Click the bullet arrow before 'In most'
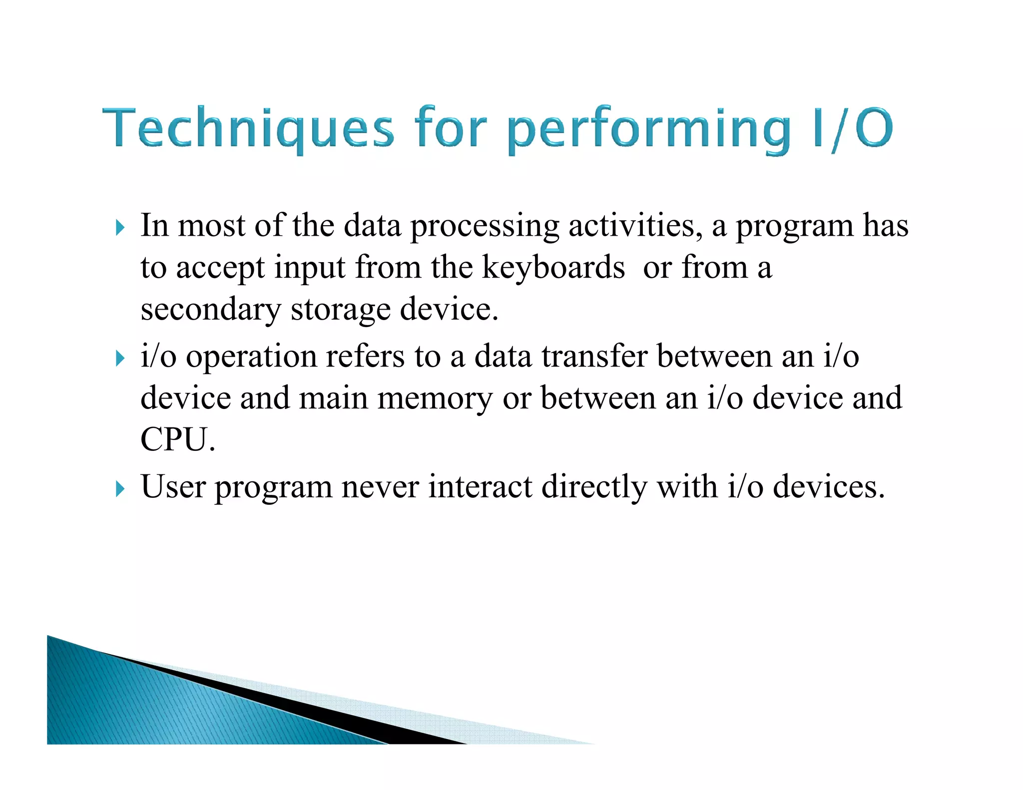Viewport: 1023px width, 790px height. click(x=119, y=228)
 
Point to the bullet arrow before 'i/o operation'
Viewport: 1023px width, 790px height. click(x=119, y=358)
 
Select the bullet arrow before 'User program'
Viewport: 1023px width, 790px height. click(x=119, y=488)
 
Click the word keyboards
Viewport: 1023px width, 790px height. click(x=553, y=268)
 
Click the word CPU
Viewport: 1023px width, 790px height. click(x=177, y=440)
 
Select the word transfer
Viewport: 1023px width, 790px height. click(x=594, y=357)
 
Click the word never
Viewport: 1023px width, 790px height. click(x=380, y=487)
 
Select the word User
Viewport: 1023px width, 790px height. click(x=173, y=486)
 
